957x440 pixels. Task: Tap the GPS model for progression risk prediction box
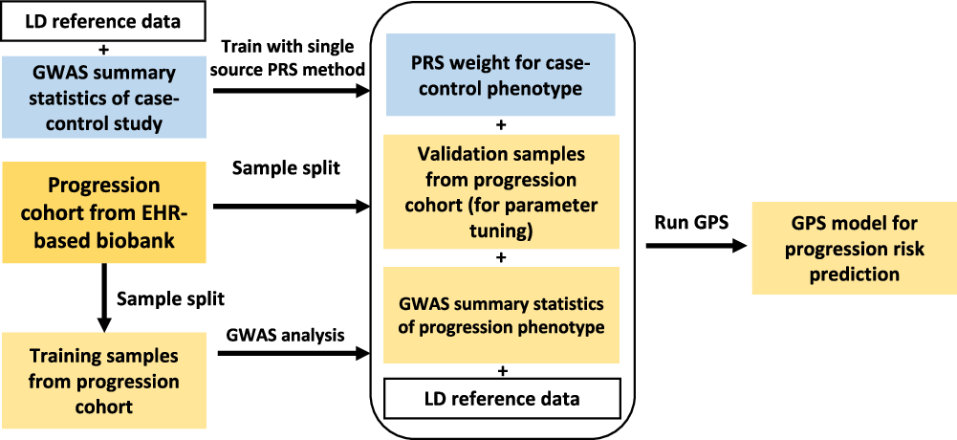pyautogui.click(x=854, y=248)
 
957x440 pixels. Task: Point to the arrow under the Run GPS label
pyautogui.click(x=695, y=246)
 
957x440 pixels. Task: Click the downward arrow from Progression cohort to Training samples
pyautogui.click(x=100, y=297)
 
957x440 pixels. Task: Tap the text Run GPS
pyautogui.click(x=692, y=222)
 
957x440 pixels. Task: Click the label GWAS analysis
pyautogui.click(x=286, y=334)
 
